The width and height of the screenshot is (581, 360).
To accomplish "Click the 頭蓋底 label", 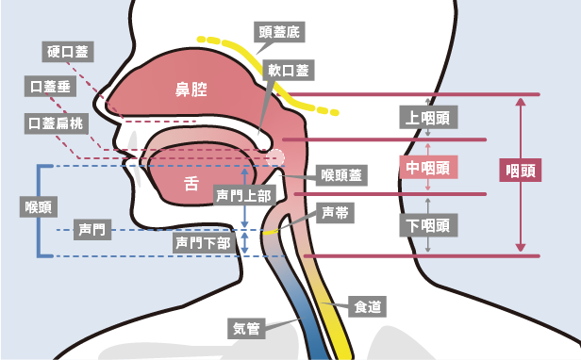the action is tap(279, 31).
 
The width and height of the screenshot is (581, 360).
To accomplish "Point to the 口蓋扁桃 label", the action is tap(55, 123).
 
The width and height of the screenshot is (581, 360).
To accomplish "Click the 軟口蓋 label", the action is tap(288, 70).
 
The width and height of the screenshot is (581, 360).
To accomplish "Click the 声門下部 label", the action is tap(201, 242).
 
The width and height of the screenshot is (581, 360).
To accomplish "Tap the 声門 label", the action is tap(91, 229).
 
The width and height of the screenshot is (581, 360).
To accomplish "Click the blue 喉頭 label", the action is tap(38, 206).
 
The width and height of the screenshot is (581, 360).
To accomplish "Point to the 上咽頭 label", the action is tap(429, 118).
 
